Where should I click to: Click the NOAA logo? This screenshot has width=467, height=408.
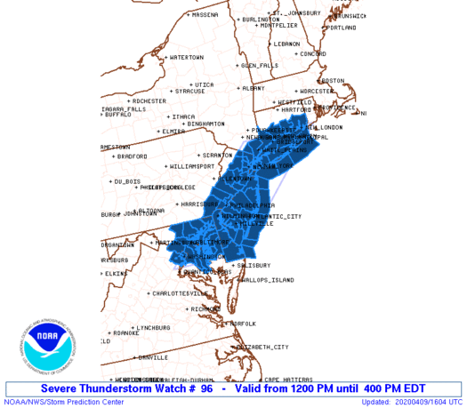pos(51,346)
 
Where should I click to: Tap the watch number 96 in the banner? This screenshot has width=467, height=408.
pos(205,388)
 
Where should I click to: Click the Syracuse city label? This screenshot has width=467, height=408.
pos(189,91)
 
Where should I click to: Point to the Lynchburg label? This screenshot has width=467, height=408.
pos(152,327)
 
